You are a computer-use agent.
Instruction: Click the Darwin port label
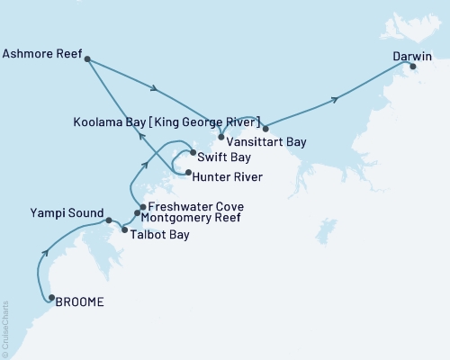413,56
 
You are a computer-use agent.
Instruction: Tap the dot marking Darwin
413,66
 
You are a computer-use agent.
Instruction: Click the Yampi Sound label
65,215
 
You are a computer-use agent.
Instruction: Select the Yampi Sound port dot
108,220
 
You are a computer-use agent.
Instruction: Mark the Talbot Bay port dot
124,230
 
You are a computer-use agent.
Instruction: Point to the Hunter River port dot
187,171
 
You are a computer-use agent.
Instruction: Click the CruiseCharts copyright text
4,329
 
